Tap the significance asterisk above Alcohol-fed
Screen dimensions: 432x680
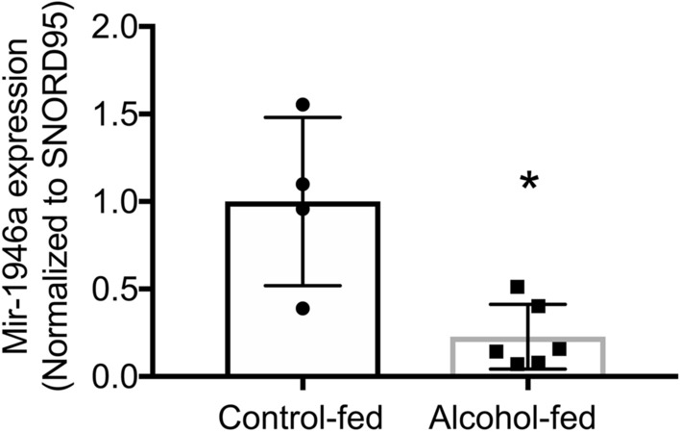tap(528, 181)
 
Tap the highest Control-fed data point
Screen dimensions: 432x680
tap(303, 104)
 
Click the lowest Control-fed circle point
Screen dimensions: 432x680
tap(303, 308)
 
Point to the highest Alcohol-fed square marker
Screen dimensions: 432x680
tap(517, 286)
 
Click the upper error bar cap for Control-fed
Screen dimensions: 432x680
tap(303, 117)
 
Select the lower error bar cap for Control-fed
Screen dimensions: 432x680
tap(303, 286)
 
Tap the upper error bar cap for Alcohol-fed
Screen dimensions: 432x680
tap(527, 304)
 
